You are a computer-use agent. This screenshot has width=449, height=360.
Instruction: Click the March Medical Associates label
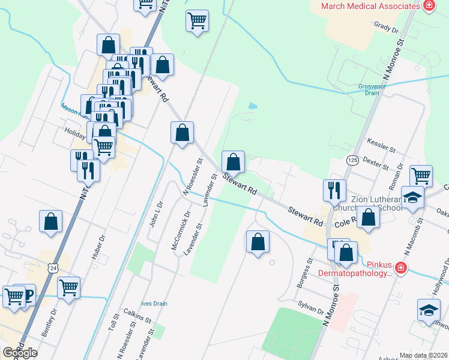370,6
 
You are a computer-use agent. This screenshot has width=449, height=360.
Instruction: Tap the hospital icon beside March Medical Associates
429,6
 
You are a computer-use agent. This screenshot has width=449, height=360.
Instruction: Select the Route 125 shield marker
352,160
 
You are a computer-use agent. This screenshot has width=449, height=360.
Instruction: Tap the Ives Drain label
154,304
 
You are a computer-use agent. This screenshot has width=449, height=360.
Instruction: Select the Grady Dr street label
386,27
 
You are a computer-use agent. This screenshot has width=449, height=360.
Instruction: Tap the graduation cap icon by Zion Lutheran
413,198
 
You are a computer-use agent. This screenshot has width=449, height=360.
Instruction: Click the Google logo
20,353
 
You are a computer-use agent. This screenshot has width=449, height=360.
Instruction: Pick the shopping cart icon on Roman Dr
421,176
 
